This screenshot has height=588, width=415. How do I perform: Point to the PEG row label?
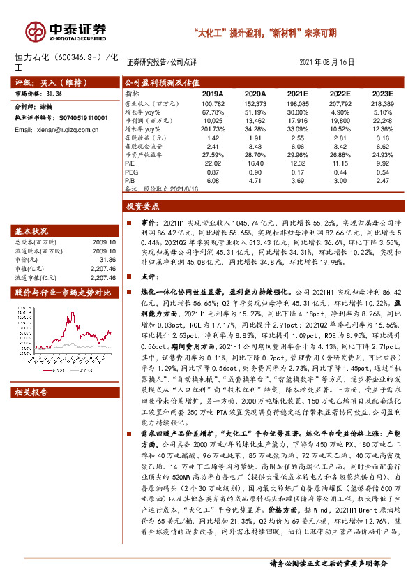click(x=130, y=172)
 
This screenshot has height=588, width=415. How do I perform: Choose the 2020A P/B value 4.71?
click(x=255, y=180)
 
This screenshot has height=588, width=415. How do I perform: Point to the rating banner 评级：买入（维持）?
click(x=43, y=82)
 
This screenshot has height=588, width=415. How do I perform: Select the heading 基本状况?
click(x=32, y=231)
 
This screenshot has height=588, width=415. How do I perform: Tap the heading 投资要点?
click(x=143, y=207)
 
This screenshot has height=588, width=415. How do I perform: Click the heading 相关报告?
click(x=32, y=392)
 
